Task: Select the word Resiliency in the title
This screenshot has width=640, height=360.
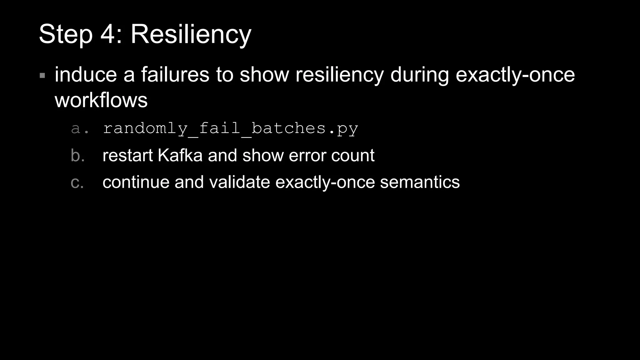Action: [191, 34]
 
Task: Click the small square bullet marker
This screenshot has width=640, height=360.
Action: [42, 75]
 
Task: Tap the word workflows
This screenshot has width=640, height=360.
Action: [101, 100]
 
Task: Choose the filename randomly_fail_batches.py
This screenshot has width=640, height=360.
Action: [230, 129]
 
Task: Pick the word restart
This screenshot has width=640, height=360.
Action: [127, 156]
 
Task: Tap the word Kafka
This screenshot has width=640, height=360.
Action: [180, 155]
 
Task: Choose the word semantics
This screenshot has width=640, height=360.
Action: [420, 182]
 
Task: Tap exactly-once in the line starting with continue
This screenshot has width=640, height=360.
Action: [325, 182]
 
